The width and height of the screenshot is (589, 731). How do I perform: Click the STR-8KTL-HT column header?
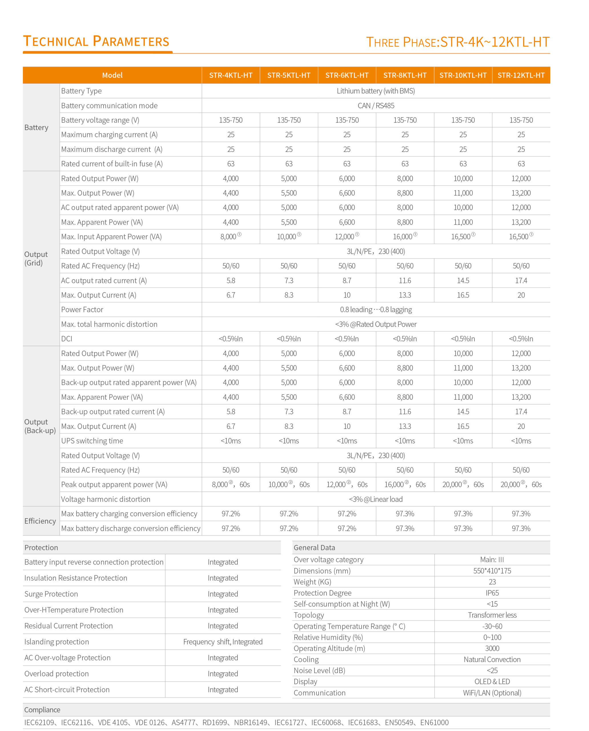coord(405,75)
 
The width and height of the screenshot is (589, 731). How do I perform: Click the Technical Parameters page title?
coord(96,41)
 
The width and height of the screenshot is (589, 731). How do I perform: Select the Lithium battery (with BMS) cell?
coord(376,91)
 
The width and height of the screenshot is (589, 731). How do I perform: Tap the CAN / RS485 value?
coord(376,106)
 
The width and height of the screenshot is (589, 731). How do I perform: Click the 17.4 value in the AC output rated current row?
coord(521,281)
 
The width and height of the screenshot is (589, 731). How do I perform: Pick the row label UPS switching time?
coord(92,441)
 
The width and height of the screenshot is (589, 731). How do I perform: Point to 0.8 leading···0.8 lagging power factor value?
coord(376,310)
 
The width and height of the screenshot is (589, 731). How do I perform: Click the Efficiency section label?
coord(40,521)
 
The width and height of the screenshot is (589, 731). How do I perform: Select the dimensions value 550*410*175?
coord(492,571)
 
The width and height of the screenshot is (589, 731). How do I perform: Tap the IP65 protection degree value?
coord(492,593)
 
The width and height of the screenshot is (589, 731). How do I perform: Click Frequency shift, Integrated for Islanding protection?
coord(223,642)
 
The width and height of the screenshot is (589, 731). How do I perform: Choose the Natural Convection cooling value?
coord(492,659)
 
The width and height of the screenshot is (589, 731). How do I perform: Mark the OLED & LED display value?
coord(492,681)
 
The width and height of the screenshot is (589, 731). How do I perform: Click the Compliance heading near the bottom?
coord(42,710)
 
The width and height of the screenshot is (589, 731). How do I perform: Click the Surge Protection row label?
coord(51,594)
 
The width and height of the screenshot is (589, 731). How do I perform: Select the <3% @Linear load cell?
coord(376,499)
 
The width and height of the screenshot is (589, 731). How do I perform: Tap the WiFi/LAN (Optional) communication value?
coord(492,693)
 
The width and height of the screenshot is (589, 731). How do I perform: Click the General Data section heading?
coord(314,547)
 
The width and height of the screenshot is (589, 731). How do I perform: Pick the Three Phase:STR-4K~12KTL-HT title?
coord(458,42)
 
